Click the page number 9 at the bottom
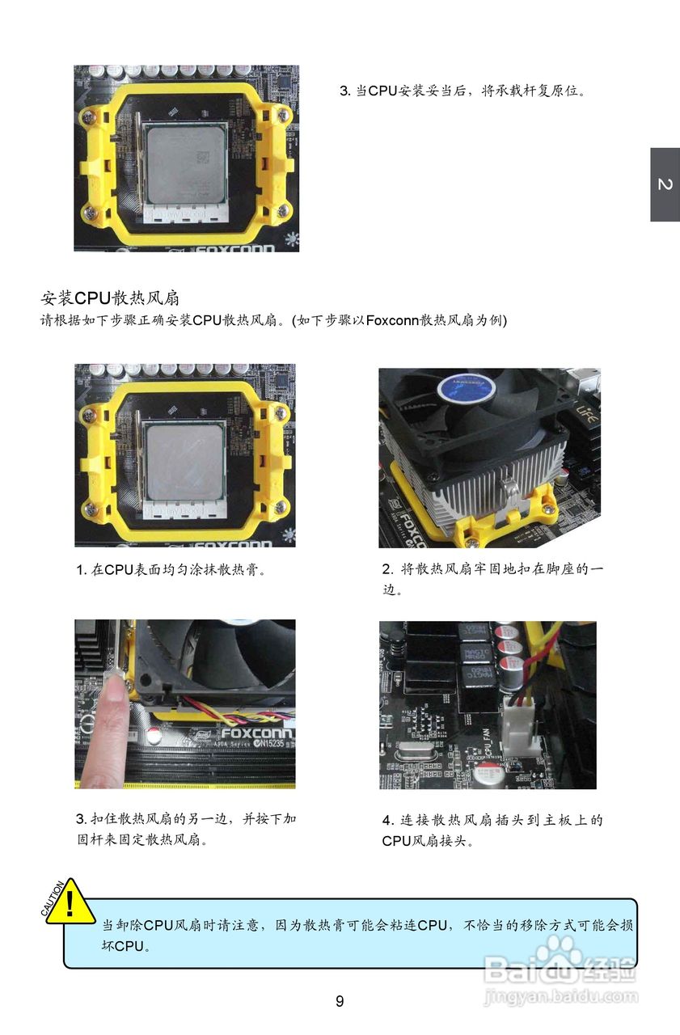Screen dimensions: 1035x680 (x=340, y=1001)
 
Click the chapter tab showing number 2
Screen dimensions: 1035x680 (x=665, y=184)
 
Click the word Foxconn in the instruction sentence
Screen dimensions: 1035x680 (x=392, y=320)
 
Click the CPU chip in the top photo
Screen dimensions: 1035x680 (x=184, y=159)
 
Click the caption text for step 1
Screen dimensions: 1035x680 (x=171, y=570)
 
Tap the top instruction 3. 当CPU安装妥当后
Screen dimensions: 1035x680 (x=462, y=91)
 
